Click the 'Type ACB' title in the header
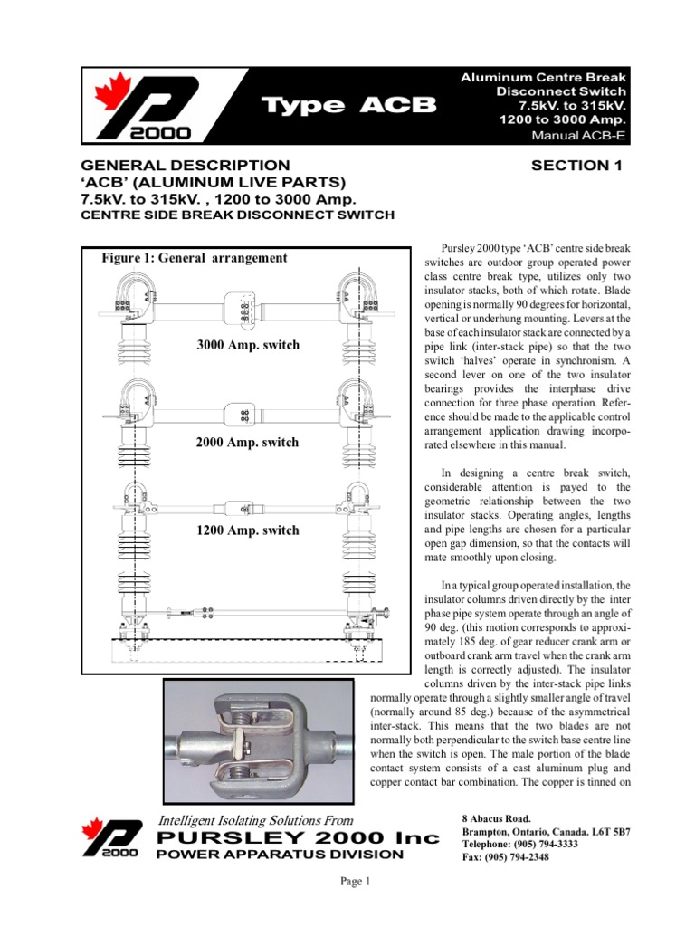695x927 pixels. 349,107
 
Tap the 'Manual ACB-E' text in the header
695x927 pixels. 579,137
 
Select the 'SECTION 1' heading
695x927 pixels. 578,165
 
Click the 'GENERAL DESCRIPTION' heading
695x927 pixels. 186,165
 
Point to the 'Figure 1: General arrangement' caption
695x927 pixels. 194,258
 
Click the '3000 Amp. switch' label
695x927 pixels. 247,345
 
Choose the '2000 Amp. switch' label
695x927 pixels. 247,443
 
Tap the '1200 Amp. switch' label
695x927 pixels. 247,530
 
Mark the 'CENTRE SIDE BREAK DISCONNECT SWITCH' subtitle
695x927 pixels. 237,215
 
